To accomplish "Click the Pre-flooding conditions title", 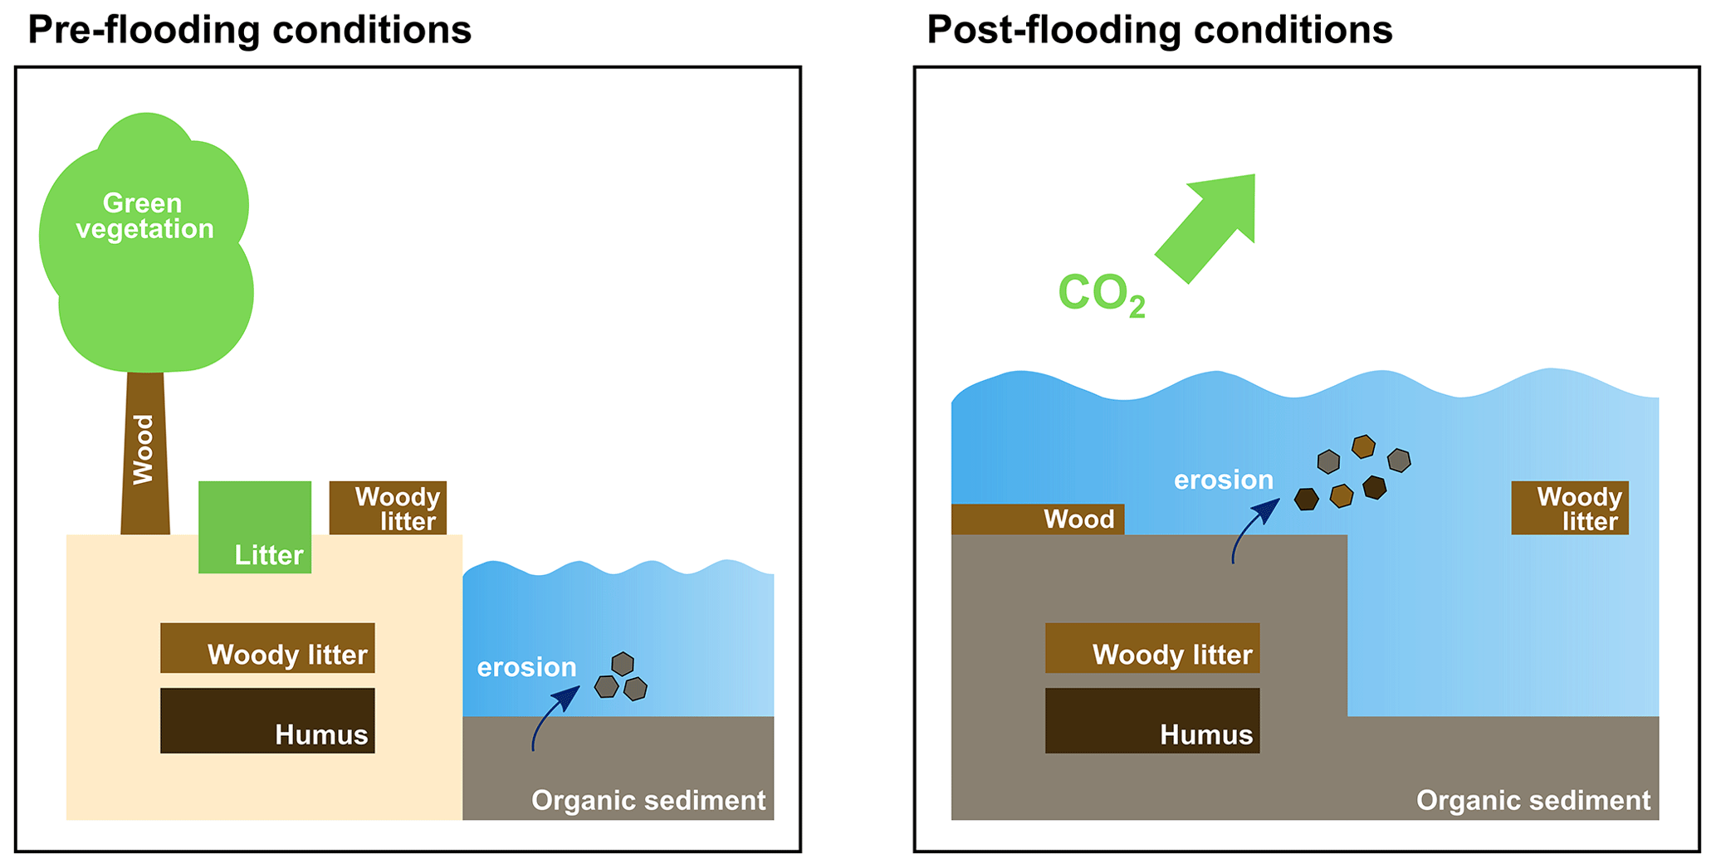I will [249, 31].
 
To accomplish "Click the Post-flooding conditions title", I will [1159, 31].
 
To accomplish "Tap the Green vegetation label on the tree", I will [144, 216].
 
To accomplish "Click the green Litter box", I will [255, 527].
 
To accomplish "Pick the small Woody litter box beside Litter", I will [388, 508].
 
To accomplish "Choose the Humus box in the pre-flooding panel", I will [267, 721].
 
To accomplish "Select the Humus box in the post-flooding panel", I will [1152, 721].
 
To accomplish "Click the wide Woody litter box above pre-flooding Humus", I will [267, 648].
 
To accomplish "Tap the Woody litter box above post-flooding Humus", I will [1152, 648].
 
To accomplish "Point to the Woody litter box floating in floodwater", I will [1570, 508].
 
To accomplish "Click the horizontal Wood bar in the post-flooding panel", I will [1038, 519].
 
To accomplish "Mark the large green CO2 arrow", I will [1208, 224].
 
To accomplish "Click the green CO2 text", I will [1101, 295].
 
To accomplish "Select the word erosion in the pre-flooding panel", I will [526, 667].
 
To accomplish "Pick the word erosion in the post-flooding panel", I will [1223, 480].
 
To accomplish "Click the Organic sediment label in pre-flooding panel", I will [648, 801].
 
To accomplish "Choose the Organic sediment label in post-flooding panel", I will [1533, 801].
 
